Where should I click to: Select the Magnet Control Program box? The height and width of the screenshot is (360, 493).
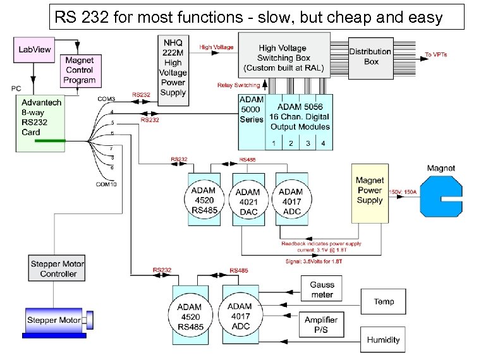click(79, 71)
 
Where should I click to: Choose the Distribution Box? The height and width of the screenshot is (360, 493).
click(371, 57)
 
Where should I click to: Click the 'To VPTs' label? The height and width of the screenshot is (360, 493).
click(435, 55)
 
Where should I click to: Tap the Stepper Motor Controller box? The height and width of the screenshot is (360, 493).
click(57, 268)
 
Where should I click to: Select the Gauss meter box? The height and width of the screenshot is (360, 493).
click(322, 290)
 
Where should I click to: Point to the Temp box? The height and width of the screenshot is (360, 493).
click(384, 301)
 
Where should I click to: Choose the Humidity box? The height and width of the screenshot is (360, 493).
click(384, 339)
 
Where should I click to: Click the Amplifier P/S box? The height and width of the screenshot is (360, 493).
click(321, 325)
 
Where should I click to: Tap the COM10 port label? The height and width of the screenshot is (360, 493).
click(106, 184)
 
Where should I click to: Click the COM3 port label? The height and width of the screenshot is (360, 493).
click(106, 99)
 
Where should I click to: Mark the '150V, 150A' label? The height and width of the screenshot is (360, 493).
click(402, 191)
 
